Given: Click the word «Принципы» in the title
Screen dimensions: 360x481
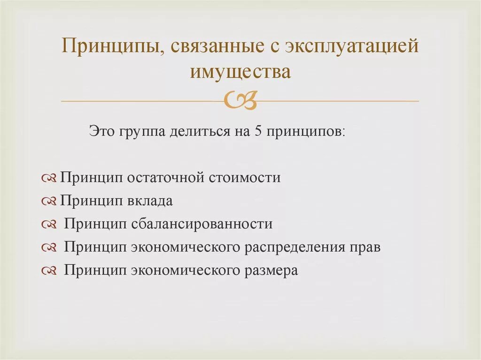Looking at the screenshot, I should coord(113,49).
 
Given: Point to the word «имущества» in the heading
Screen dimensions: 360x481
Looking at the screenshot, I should coord(240,72).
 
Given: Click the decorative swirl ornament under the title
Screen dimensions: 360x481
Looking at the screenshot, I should coord(240,100).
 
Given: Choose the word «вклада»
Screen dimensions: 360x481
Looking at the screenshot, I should coord(150,201).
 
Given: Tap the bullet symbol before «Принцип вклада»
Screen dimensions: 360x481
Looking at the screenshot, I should coord(49,201).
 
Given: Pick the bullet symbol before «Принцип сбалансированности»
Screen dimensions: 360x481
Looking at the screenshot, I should coord(49,224).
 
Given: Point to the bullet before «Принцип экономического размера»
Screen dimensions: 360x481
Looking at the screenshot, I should coord(49,271).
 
